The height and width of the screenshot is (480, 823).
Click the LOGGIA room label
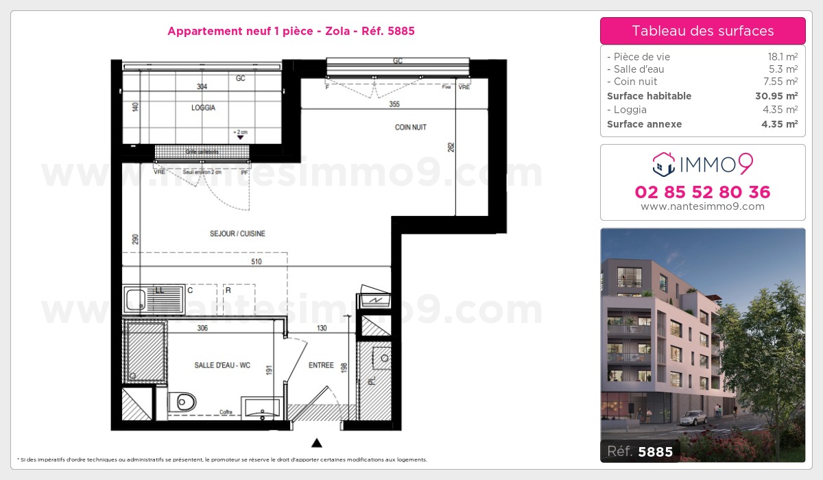(203, 108)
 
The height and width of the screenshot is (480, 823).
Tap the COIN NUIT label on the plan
(411, 128)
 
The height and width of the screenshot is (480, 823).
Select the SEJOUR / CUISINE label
(237, 234)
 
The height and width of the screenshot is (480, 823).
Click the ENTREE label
(321, 365)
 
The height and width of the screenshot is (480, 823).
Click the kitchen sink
(136, 300)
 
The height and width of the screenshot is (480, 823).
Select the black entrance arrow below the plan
(317, 442)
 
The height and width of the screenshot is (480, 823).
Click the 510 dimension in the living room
(256, 261)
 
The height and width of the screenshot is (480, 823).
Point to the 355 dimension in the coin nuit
(394, 104)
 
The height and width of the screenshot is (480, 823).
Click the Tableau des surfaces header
(702, 31)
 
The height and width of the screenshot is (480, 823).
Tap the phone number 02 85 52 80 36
(702, 192)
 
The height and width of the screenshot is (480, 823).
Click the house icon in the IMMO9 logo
(663, 164)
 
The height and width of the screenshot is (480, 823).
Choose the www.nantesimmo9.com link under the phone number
(702, 206)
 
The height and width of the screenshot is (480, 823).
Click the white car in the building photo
(694, 417)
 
